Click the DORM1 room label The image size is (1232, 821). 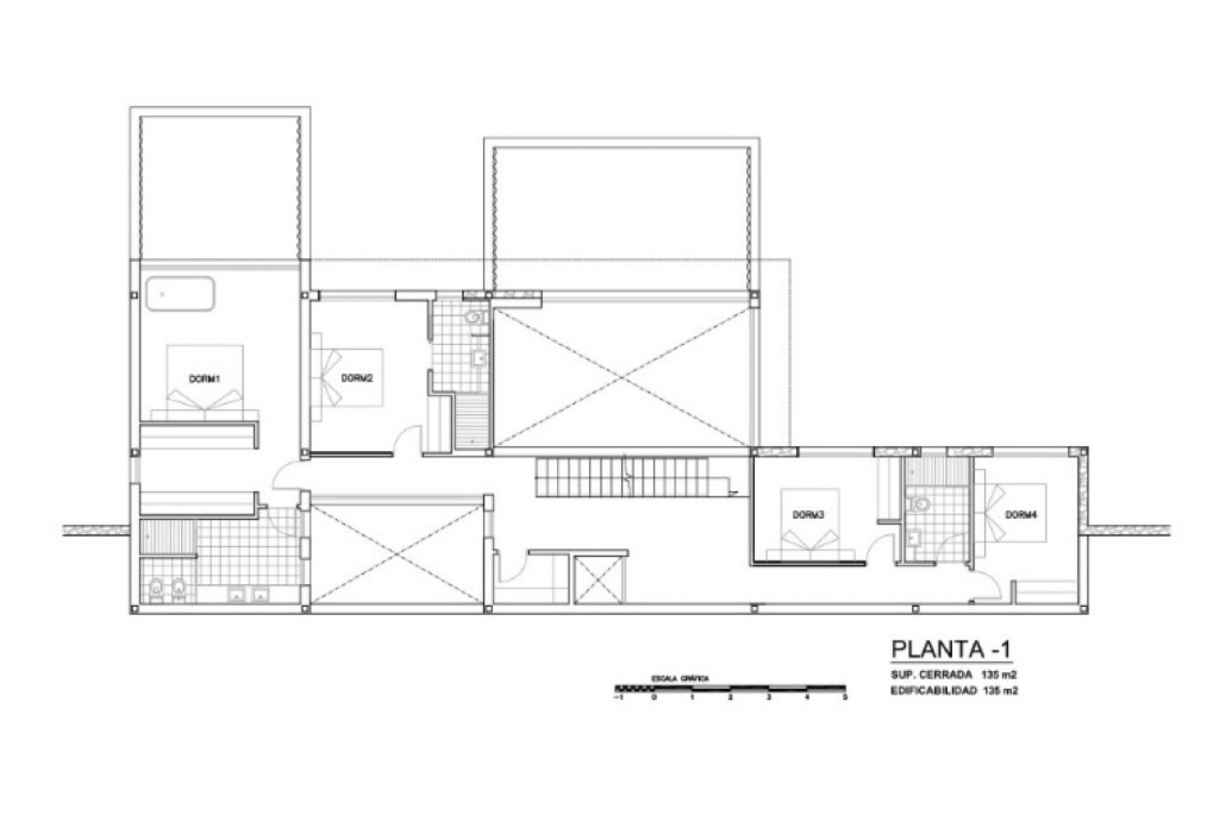coord(205,379)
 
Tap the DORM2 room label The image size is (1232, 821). coord(357,378)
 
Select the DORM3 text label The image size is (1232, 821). coord(809,514)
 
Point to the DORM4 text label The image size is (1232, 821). coord(1021,514)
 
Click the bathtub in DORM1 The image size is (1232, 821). coord(180,294)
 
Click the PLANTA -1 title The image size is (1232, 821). coord(951,649)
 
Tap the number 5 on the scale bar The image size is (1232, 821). coord(845,697)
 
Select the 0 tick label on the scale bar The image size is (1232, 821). coord(654,697)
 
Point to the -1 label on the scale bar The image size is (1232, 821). coord(617,697)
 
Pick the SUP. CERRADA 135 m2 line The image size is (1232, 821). coord(954,675)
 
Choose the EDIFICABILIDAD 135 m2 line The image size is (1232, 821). coord(954,691)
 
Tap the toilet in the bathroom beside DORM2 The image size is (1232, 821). coord(475,316)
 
